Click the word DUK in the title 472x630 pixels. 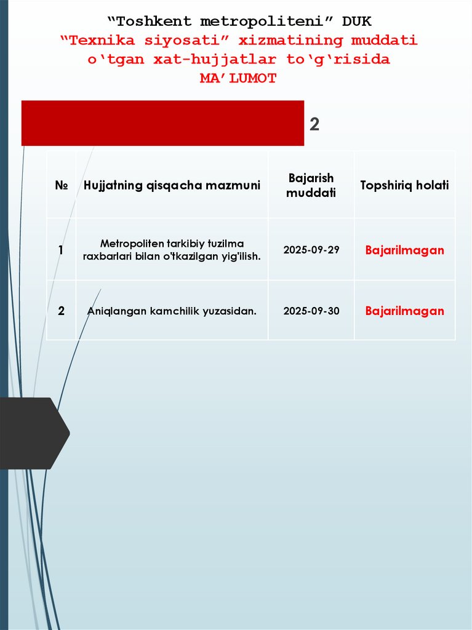(357, 22)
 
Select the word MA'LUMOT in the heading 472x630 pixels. (238, 79)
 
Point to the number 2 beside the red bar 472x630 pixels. (314, 125)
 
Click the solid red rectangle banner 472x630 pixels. (162, 123)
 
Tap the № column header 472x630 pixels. (61, 185)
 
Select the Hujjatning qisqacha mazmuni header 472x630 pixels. (172, 185)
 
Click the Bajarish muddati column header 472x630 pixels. (311, 185)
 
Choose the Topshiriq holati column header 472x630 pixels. (404, 185)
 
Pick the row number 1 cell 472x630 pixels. (61, 250)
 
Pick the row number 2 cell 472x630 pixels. (61, 311)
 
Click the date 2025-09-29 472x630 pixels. (311, 250)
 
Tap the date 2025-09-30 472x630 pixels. (311, 311)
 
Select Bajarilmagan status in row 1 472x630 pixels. (404, 250)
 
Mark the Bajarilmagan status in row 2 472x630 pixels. (404, 311)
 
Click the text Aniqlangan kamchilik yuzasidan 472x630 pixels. (172, 311)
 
